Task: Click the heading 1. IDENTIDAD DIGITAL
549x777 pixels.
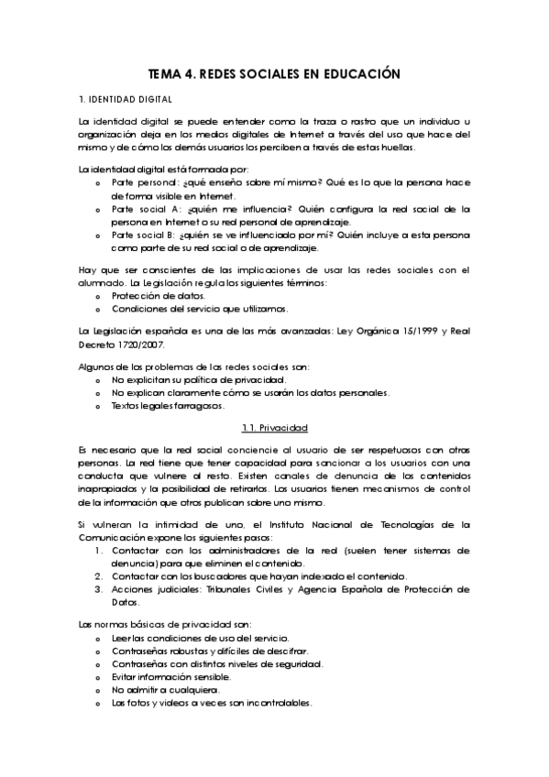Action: coord(125,99)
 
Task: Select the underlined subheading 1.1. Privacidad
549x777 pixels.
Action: coord(274,428)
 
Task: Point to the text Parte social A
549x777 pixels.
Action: coord(143,209)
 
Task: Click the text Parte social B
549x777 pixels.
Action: coord(143,235)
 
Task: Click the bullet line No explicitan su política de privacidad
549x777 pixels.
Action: coord(199,379)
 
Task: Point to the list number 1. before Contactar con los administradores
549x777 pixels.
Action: coord(99,552)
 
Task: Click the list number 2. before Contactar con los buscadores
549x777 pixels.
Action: coord(99,576)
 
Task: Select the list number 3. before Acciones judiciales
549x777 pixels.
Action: coord(99,589)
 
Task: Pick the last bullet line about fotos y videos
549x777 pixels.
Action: coord(212,703)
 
